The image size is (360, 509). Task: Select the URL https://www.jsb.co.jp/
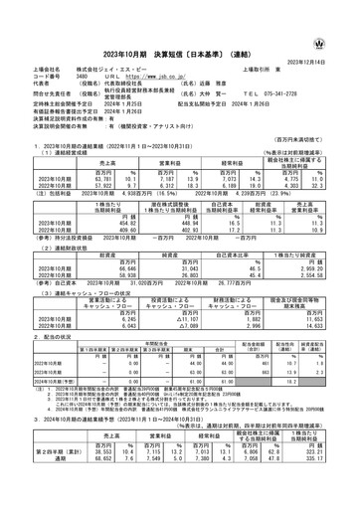point(144,76)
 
